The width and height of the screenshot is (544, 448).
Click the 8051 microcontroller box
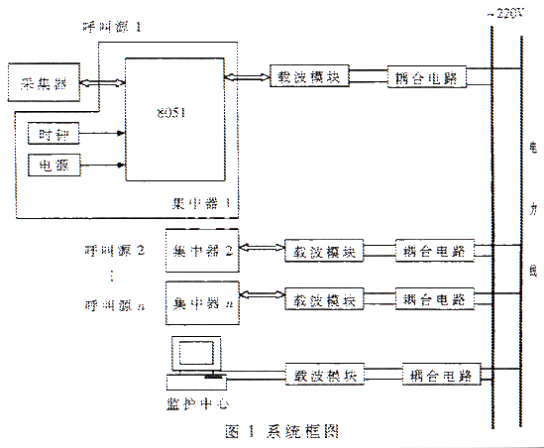coord(173,119)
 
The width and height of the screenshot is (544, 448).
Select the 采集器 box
coord(36,79)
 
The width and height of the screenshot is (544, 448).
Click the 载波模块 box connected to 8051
coord(310,76)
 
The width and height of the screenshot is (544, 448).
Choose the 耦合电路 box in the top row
coord(427,76)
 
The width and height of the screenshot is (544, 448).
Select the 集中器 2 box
coord(202,252)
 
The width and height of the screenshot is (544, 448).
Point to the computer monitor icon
coord(195,355)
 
